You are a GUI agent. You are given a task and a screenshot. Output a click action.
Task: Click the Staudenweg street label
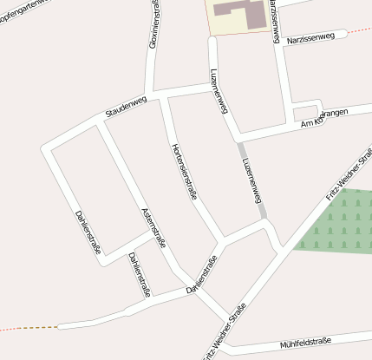pos(126,107)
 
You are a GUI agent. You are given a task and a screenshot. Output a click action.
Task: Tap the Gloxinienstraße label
pos(154,23)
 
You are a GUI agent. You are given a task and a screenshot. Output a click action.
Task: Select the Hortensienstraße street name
pos(185,172)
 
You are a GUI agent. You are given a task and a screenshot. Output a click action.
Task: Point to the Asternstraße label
pos(153,228)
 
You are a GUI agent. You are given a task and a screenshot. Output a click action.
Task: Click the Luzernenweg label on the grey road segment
pos(252,180)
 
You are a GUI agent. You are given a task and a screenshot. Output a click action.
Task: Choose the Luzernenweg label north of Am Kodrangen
pos(219,91)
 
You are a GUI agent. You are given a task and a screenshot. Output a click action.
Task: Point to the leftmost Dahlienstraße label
pos(88,232)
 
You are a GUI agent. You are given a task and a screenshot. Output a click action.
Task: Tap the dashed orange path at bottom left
pos(30,328)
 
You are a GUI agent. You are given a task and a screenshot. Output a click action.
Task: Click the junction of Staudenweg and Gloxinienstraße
pos(153,91)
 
